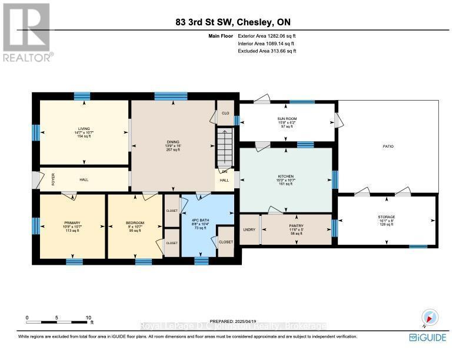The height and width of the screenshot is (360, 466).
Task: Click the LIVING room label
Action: (83, 128)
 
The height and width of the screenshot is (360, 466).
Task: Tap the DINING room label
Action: (172, 142)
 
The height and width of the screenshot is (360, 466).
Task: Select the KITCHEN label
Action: (285, 176)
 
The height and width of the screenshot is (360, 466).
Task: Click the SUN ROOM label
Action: (287, 118)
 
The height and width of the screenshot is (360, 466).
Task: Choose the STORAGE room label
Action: (387, 217)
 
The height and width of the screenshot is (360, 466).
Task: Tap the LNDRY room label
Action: (249, 228)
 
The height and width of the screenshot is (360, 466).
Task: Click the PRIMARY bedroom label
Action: (72, 223)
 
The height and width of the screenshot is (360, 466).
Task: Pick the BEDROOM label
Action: (135, 223)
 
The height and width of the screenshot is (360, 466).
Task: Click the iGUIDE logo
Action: (428, 338)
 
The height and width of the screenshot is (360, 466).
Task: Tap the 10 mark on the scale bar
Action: (88, 318)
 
